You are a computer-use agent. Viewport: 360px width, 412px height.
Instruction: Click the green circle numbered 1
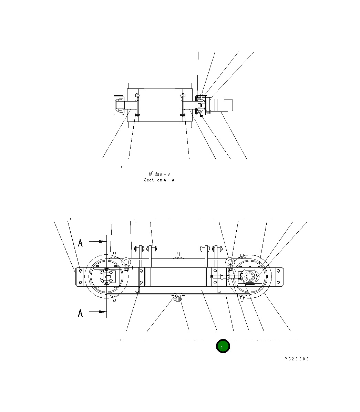click(x=223, y=346)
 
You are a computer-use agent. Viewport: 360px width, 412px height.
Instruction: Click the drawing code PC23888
click(x=297, y=359)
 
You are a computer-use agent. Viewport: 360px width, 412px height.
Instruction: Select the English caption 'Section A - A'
click(x=159, y=180)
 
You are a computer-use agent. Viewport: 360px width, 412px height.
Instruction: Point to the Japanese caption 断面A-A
click(x=159, y=174)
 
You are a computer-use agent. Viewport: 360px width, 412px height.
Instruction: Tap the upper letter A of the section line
click(x=80, y=243)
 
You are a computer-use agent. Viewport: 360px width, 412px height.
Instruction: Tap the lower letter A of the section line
click(x=80, y=313)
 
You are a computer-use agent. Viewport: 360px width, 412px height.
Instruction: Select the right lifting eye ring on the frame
click(x=230, y=263)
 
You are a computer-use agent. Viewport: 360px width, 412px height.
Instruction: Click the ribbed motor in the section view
click(x=222, y=105)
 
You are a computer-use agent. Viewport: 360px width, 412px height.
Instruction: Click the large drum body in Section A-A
click(x=159, y=105)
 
